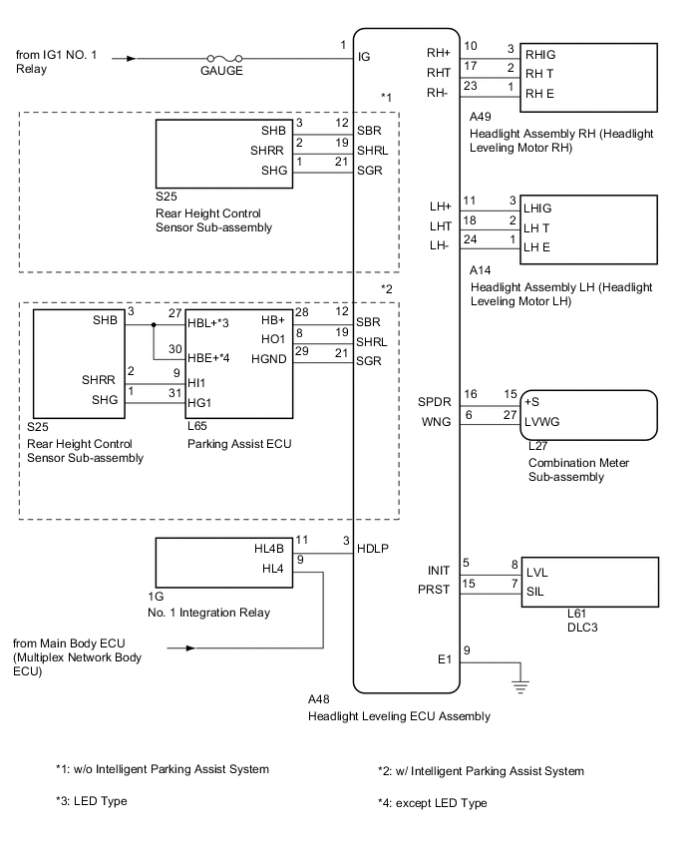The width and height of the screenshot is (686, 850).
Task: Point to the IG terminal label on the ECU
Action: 364,58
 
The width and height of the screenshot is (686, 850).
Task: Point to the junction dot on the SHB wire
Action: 153,325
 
